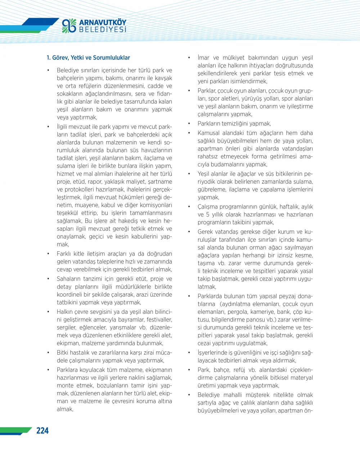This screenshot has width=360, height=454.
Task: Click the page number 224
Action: [x=42, y=431]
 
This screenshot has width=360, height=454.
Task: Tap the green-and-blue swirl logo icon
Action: [x=69, y=26]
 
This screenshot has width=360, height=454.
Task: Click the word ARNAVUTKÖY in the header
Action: [x=103, y=22]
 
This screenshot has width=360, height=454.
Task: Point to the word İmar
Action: [x=203, y=58]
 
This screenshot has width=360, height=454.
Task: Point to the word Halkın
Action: [x=65, y=312]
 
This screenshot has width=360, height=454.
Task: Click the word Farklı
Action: [x=65, y=254]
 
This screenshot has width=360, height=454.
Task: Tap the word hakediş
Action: [x=135, y=221]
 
